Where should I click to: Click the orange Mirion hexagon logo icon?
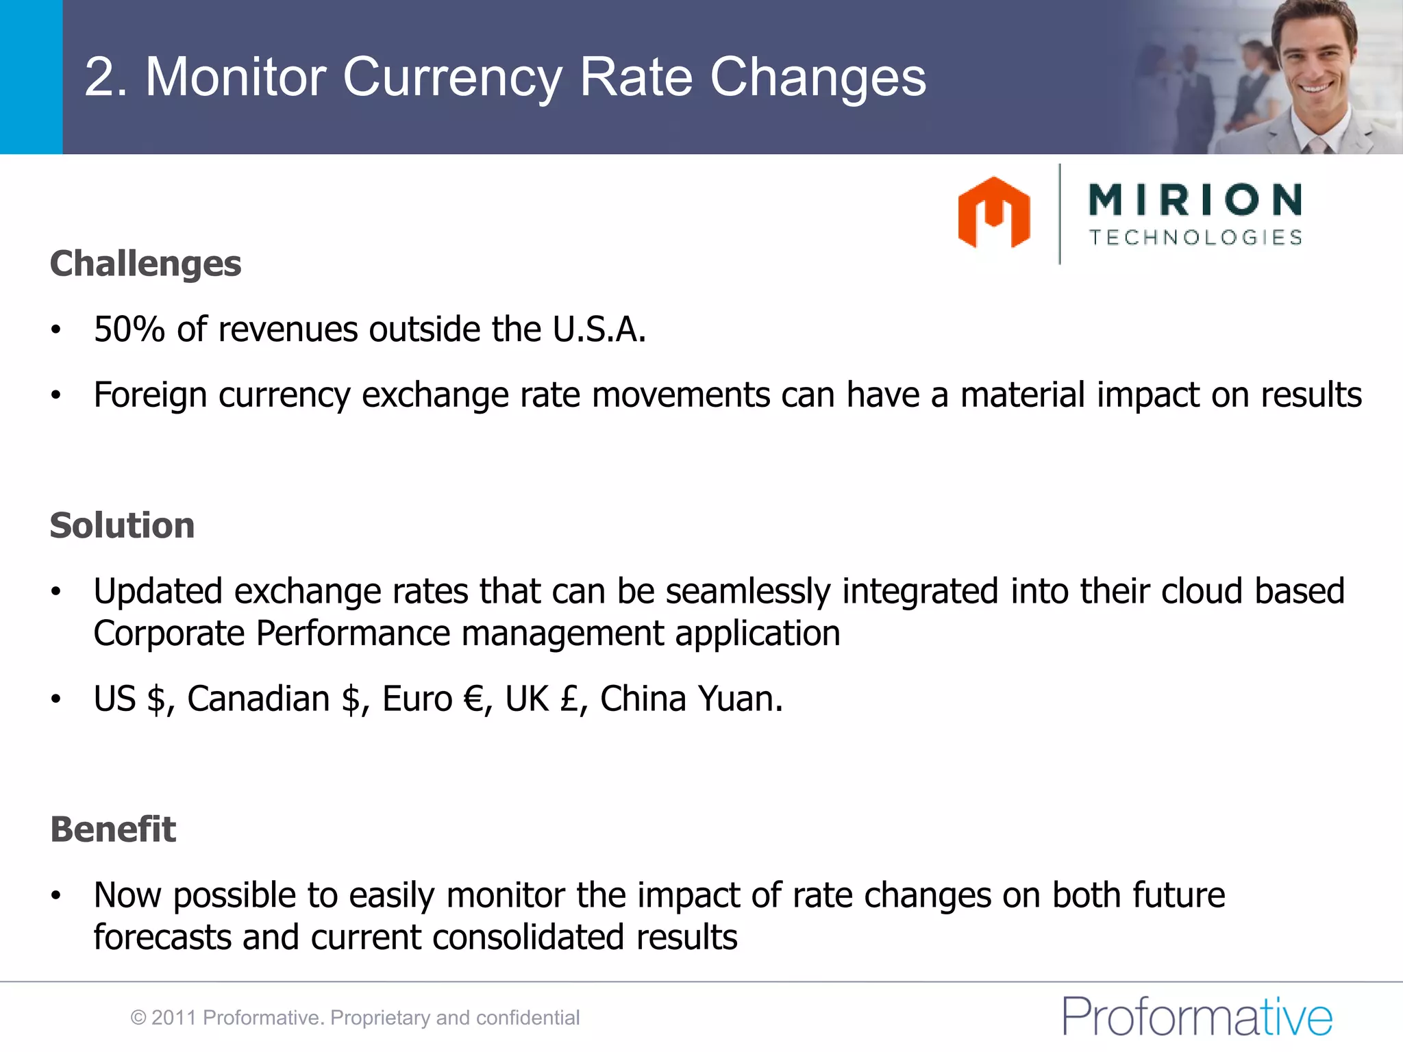pyautogui.click(x=993, y=212)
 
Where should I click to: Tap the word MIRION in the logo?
pyautogui.click(x=1195, y=199)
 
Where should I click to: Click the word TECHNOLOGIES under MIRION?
pyautogui.click(x=1195, y=238)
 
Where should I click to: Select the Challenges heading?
pyautogui.click(x=145, y=264)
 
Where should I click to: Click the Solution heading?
pyautogui.click(x=122, y=525)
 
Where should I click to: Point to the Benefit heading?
pyautogui.click(x=113, y=829)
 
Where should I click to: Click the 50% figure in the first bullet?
pyautogui.click(x=129, y=329)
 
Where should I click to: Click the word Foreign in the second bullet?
pyautogui.click(x=150, y=395)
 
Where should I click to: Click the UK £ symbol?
pyautogui.click(x=569, y=699)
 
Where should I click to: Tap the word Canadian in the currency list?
pyautogui.click(x=258, y=699)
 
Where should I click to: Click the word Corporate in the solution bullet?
pyautogui.click(x=169, y=634)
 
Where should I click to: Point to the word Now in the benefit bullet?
pyautogui.click(x=127, y=895)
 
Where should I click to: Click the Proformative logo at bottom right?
pyautogui.click(x=1197, y=1017)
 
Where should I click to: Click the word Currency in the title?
pyautogui.click(x=453, y=77)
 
